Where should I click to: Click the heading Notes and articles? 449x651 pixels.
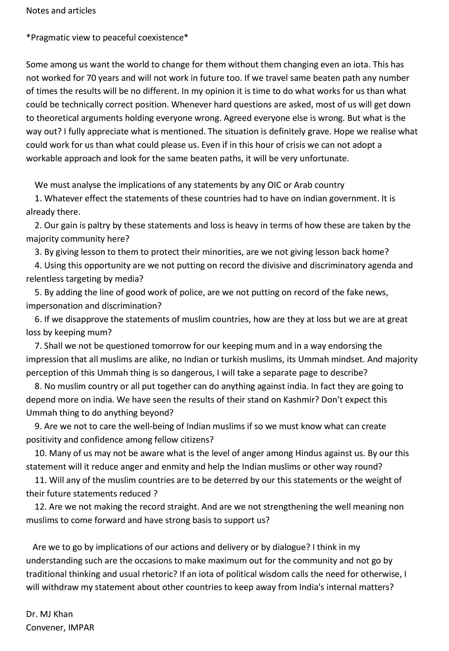pyautogui.click(x=61, y=11)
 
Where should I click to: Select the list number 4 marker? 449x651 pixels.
pyautogui.click(x=38, y=266)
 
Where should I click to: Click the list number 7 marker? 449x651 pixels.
pyautogui.click(x=38, y=346)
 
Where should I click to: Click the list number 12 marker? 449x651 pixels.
pyautogui.click(x=40, y=507)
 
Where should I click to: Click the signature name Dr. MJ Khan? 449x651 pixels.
pyautogui.click(x=49, y=614)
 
